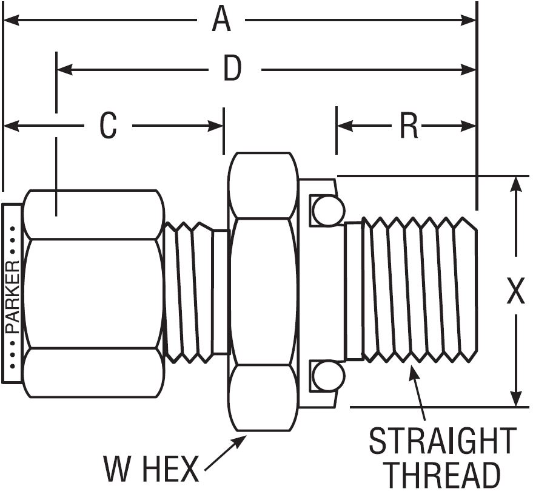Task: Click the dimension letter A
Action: tap(221, 20)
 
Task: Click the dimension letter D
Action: tap(232, 69)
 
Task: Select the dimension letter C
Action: tap(108, 125)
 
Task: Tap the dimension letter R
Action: tap(409, 126)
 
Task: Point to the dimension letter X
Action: tap(515, 290)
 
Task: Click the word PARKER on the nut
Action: tap(13, 297)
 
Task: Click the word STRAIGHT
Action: tap(443, 441)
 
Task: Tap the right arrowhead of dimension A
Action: tap(468, 20)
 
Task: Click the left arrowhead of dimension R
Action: tap(345, 126)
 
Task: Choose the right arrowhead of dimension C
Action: tap(215, 126)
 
